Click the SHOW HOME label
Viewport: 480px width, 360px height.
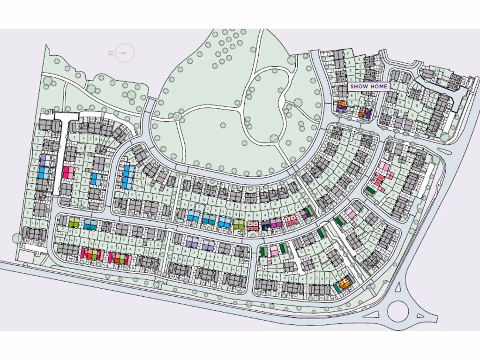pyautogui.click(x=369, y=87)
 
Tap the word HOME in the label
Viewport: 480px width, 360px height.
pyautogui.click(x=379, y=87)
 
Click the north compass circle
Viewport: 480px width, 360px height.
pyautogui.click(x=124, y=53)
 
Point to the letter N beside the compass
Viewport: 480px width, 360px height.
pyautogui.click(x=111, y=53)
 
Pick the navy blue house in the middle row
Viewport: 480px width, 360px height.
pyautogui.click(x=266, y=226)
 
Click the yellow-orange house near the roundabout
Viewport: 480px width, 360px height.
pyautogui.click(x=345, y=283)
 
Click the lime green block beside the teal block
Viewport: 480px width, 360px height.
pyautogui.click(x=74, y=222)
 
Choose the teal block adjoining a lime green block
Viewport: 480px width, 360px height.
pyautogui.click(x=90, y=224)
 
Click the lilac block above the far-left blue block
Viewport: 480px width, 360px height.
pyautogui.click(x=44, y=160)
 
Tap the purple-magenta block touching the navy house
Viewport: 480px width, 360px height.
pyautogui.click(x=276, y=223)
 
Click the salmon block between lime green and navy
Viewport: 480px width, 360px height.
pyautogui.click(x=253, y=226)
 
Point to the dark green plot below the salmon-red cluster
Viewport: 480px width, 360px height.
pyautogui.click(x=370, y=190)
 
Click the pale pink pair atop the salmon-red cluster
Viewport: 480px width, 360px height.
pyautogui.click(x=384, y=166)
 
